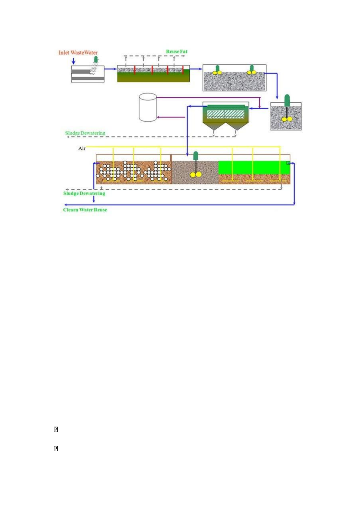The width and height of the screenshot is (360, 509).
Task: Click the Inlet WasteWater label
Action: pyautogui.click(x=78, y=53)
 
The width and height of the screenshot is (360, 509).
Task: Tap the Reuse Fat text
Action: pyautogui.click(x=177, y=52)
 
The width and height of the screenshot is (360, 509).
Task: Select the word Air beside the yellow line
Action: pyautogui.click(x=82, y=148)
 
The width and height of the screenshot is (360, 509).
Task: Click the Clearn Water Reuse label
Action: pyautogui.click(x=85, y=210)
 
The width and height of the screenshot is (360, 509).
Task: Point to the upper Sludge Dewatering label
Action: pyautogui.click(x=85, y=133)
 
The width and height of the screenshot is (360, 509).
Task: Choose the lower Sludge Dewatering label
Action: pyautogui.click(x=84, y=193)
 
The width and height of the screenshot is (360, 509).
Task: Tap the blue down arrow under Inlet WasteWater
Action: pyautogui.click(x=73, y=61)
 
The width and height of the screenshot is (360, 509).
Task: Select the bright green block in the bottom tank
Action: pyautogui.click(x=254, y=168)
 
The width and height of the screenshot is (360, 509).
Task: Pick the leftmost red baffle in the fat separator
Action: pyautogui.click(x=135, y=70)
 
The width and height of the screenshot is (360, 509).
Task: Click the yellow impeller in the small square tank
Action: pyautogui.click(x=287, y=119)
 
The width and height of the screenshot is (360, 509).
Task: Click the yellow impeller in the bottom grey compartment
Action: pyautogui.click(x=195, y=174)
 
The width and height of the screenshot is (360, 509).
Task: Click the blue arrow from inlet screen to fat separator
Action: pyautogui.click(x=111, y=69)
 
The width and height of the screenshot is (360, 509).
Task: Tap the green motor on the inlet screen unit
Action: pyautogui.click(x=96, y=59)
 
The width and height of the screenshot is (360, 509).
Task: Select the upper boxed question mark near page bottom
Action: pyautogui.click(x=56, y=429)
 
